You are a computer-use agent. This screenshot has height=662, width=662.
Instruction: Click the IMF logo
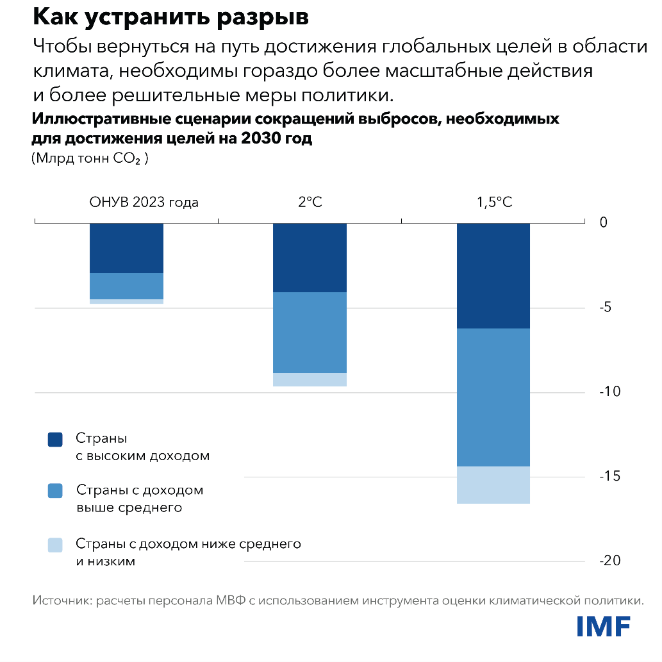(x=603, y=626)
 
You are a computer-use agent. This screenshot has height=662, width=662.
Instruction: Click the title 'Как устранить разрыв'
(x=171, y=17)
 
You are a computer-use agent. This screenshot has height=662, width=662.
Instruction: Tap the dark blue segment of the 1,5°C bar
(x=493, y=276)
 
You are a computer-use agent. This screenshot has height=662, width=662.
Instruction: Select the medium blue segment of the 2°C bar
(x=310, y=332)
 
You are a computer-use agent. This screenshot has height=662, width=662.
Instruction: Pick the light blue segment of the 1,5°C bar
(x=493, y=484)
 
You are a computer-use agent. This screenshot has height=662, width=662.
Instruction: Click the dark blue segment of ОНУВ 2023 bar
(x=126, y=248)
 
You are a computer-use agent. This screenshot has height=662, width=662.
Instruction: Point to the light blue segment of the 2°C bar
(x=310, y=379)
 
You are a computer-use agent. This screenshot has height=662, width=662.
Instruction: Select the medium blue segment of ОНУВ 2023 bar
(x=126, y=286)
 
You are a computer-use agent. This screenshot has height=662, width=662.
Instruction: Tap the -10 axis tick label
(x=609, y=392)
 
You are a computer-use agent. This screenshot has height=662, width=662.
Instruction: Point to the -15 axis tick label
(x=609, y=476)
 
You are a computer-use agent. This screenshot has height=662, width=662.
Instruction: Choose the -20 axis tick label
(x=609, y=561)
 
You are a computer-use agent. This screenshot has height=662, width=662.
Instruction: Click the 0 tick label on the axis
(x=602, y=223)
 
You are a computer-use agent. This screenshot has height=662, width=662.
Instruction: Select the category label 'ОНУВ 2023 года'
(x=144, y=203)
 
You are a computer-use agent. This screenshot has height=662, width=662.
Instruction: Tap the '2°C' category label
(x=310, y=203)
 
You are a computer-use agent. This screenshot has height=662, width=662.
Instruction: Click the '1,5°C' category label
(x=493, y=203)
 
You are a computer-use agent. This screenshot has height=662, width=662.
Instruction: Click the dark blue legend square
(x=55, y=440)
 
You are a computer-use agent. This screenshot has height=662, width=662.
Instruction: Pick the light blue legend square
(x=55, y=545)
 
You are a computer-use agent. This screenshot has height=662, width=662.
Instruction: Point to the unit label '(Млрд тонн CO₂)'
(x=90, y=159)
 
